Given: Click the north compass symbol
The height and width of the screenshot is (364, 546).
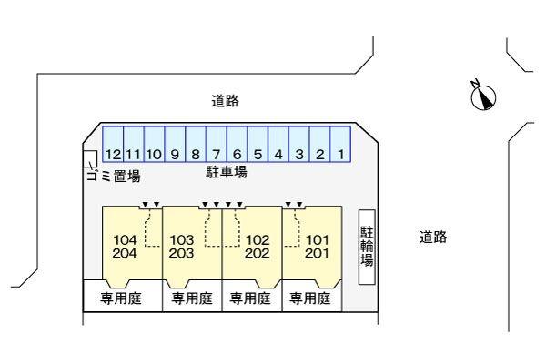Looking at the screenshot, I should coord(483,95).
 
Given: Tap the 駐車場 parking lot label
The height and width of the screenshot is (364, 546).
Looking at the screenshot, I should coord(227,171).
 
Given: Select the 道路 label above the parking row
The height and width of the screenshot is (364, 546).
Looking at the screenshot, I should coord(225,102).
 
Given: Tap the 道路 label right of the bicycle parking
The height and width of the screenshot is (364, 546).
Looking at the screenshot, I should coord(433,238).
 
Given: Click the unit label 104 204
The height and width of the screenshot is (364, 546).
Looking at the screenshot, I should coord(126,247).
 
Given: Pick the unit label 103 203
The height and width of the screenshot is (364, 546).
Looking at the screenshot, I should coord(182,247).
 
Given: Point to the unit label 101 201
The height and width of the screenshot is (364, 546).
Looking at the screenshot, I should coord(316,247).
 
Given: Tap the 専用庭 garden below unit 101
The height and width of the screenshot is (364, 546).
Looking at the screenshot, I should coord(310,298).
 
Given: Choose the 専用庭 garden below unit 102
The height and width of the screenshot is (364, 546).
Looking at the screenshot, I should coord(250,298).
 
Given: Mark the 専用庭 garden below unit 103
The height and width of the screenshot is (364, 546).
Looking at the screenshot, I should coord(191,298).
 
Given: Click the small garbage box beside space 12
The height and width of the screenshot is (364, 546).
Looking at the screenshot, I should coord(89,157).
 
